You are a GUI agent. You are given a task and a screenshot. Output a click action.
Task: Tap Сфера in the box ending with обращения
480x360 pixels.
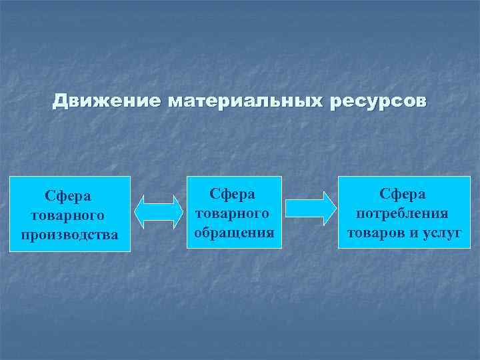coord(233,194)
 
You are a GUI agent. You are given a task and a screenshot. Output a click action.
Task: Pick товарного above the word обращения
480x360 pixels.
coord(233,213)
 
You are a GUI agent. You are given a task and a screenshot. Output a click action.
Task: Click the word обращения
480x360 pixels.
coord(234,232)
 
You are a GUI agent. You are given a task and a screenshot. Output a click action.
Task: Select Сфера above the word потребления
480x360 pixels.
coord(403,194)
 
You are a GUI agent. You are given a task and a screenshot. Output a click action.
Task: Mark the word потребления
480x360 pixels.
coord(403,213)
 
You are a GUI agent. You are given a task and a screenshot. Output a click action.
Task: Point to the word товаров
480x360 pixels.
coord(377,232)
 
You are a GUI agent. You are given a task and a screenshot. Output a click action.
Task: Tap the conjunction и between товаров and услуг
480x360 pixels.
coord(416,233)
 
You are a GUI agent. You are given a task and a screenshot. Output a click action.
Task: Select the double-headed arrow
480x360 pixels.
coord(159,213)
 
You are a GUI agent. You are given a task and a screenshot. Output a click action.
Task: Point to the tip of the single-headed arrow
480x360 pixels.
coord(335,208)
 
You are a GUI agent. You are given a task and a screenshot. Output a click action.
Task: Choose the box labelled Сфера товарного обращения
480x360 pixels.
coord(234,212)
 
